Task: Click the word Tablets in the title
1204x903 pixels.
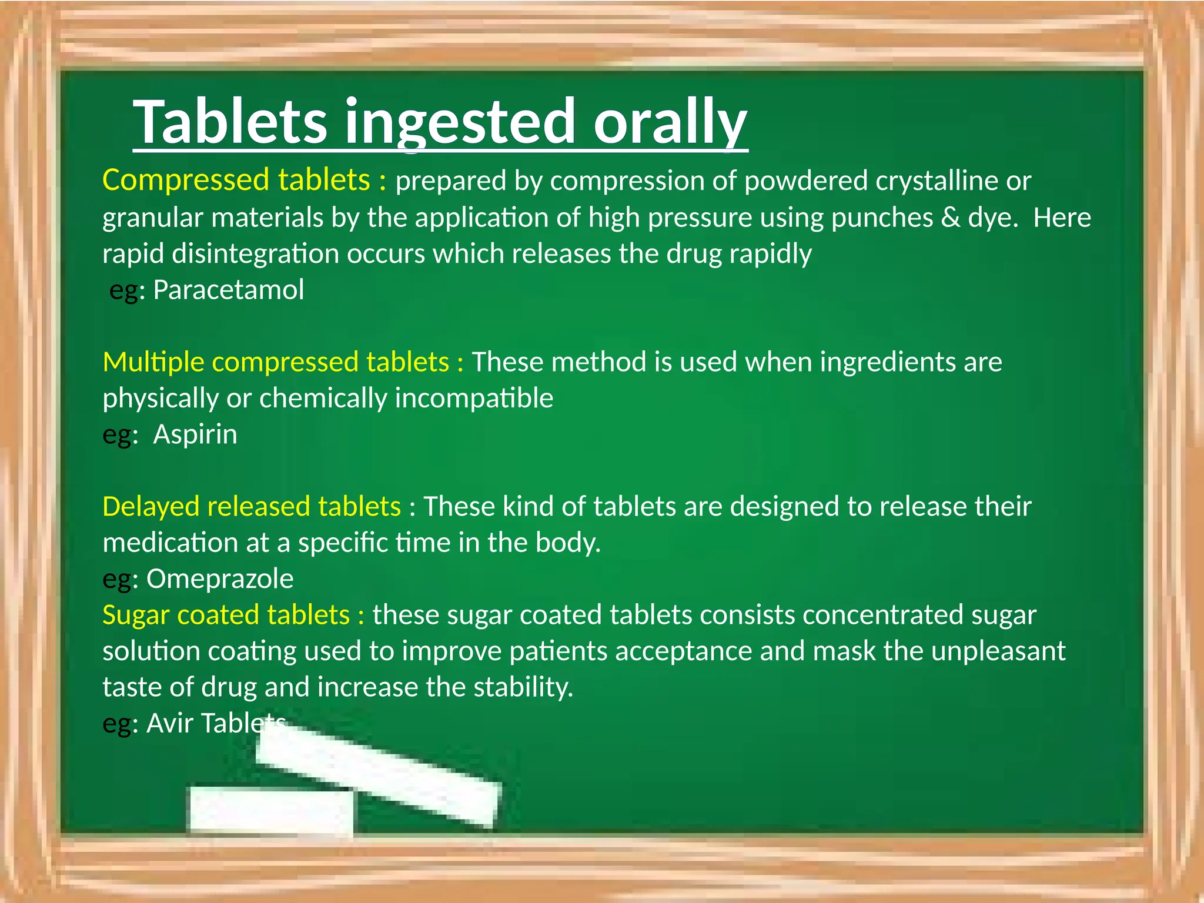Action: pos(230,121)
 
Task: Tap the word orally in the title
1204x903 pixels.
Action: pos(670,122)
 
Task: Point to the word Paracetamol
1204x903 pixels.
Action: pos(229,290)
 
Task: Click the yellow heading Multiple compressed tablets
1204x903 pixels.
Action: pos(276,362)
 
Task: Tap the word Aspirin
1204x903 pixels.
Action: pos(195,434)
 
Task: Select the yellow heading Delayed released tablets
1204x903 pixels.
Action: pos(252,506)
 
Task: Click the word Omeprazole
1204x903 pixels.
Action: pos(220,579)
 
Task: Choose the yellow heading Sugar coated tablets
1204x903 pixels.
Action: pos(226,615)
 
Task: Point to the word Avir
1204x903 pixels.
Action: pos(170,723)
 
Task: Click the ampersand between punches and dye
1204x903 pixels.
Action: pos(951,218)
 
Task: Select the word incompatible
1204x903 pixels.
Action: pos(474,399)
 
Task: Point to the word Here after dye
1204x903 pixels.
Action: pos(1062,218)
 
